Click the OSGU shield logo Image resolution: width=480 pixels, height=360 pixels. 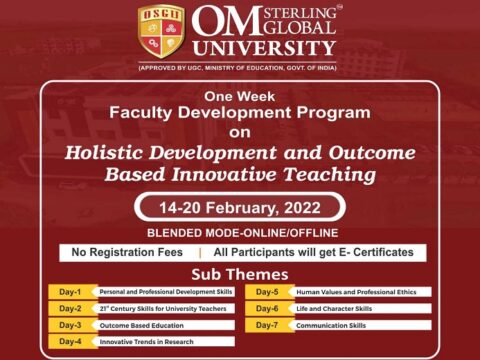click(160, 32)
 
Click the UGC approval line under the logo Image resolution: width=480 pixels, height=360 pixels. click(239, 67)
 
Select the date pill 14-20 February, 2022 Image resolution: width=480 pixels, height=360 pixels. click(239, 207)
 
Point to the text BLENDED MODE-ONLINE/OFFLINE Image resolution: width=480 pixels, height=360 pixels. click(239, 232)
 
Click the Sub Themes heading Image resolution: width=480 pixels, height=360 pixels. click(239, 274)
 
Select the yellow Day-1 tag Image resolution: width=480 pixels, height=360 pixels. click(71, 292)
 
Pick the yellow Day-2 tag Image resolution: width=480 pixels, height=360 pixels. click(71, 309)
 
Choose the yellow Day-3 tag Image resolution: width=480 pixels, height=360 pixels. click(71, 325)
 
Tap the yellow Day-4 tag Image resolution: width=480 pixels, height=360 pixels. click(71, 342)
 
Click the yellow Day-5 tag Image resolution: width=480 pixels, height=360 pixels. click(267, 292)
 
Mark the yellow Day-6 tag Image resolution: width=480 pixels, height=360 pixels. click(267, 309)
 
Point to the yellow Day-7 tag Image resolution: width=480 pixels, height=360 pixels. click(267, 325)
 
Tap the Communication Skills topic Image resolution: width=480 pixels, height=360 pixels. click(331, 325)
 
